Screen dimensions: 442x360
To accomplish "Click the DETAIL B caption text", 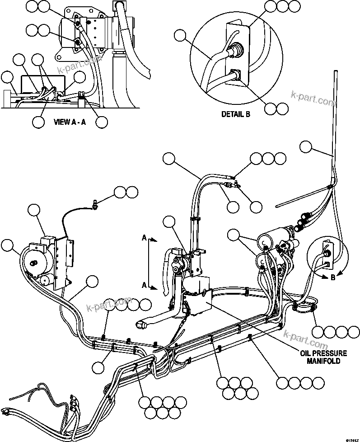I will [x=235, y=114].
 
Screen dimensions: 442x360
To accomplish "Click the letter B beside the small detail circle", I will [x=333, y=278].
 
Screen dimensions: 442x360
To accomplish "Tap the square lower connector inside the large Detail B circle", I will [x=235, y=74].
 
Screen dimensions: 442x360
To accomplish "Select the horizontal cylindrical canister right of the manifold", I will [x=273, y=240].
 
